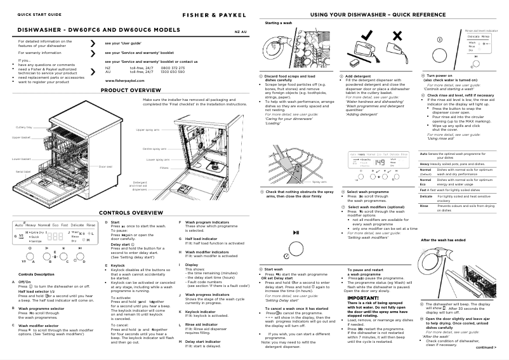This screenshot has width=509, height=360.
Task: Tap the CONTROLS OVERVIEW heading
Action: [x=133, y=212]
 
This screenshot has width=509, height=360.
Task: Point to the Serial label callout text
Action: [x=23, y=171]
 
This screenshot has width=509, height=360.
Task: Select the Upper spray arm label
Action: [x=148, y=130]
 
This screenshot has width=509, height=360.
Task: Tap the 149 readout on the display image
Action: [x=380, y=162]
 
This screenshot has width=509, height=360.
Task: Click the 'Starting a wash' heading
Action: [x=278, y=23]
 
